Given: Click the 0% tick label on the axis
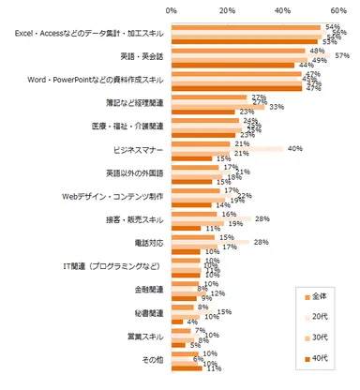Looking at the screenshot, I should [x=172, y=10].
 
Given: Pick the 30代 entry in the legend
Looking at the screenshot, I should [x=320, y=336].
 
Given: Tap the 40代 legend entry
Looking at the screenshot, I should [x=320, y=354].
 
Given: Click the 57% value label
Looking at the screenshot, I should [x=342, y=55].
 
